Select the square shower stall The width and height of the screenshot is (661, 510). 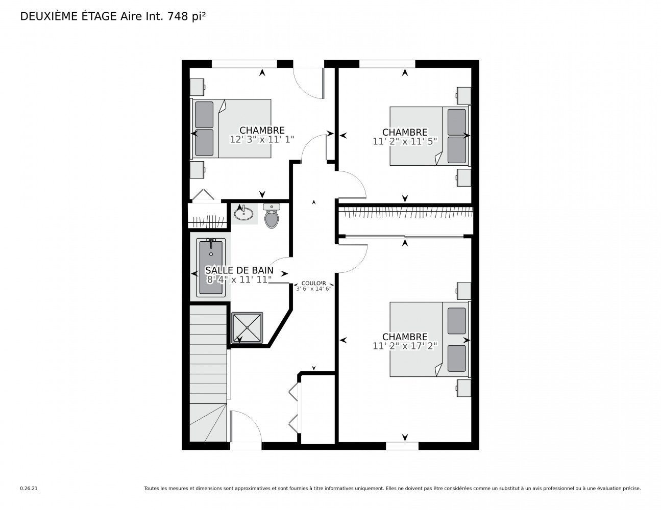click(x=247, y=327)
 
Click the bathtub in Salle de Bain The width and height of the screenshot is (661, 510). click(x=210, y=267)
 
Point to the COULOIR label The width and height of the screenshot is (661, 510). click(x=313, y=283)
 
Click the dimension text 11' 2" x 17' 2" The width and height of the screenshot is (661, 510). click(x=405, y=346)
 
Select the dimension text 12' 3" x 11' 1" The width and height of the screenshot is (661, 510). click(x=262, y=140)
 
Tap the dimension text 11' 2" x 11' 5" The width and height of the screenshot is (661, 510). click(x=405, y=141)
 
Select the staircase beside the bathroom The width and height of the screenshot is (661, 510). click(x=208, y=373)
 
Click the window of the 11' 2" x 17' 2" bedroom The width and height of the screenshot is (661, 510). click(x=402, y=446)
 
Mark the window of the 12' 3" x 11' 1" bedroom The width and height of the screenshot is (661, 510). click(x=244, y=64)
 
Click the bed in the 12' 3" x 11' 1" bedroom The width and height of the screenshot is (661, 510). click(x=231, y=128)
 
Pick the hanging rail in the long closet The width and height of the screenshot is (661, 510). click(x=406, y=210)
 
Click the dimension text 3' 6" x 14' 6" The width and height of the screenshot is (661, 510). click(x=313, y=289)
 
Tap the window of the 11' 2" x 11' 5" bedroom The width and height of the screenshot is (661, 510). click(x=387, y=64)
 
